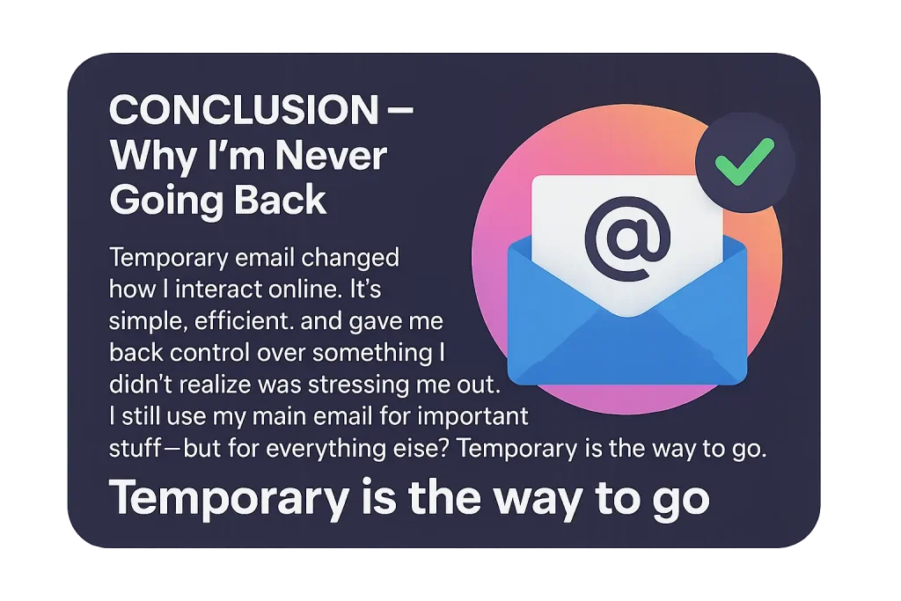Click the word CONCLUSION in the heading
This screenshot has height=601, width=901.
coord(244,110)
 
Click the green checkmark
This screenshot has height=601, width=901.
coord(744,161)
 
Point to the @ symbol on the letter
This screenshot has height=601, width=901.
coord(627,238)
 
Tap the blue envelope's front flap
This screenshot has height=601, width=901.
coord(627,345)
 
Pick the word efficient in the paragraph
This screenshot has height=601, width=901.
coord(244,320)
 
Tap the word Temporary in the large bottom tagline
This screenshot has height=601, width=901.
coord(230,499)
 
